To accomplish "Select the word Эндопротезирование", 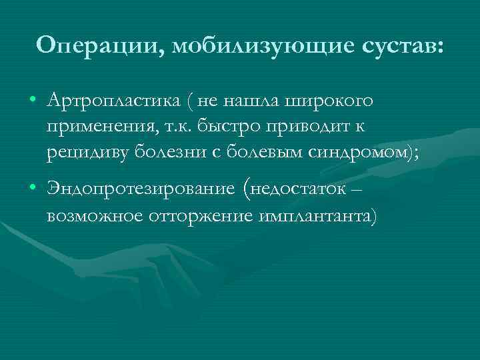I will pyautogui.click(x=141, y=189).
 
